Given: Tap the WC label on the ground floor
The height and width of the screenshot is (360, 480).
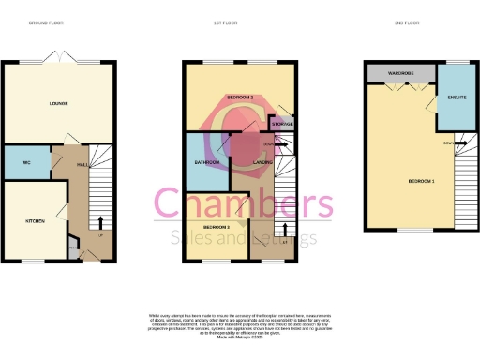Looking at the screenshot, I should pos(27,163).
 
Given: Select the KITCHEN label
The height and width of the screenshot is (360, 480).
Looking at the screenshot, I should pos(35,220).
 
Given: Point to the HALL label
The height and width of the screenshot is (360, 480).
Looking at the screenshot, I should pos(82,164).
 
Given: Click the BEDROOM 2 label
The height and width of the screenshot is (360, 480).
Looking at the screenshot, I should pos(242,97).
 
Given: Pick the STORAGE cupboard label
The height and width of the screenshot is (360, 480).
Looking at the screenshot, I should pos(282,124).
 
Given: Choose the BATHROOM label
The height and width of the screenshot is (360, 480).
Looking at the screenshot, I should pos(207,162).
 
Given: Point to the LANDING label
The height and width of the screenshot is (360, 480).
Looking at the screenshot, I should pos(263,162).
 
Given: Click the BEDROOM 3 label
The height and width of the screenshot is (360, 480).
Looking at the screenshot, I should pos(217,228).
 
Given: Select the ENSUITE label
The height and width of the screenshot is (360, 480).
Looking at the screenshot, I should pos(458,97).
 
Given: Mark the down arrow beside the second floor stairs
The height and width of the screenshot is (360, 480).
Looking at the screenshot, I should pos(448,142).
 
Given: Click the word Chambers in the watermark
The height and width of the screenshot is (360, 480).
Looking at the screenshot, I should pos(243,204).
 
